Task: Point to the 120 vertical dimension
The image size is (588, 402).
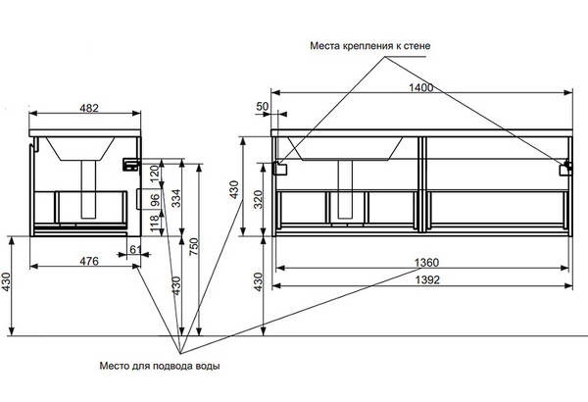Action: [155, 175]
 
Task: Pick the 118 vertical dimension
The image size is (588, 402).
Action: [155, 225]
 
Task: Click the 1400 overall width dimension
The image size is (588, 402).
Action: [421, 87]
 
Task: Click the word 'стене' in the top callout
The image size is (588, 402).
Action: [413, 45]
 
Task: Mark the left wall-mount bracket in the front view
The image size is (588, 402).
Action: [280, 167]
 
